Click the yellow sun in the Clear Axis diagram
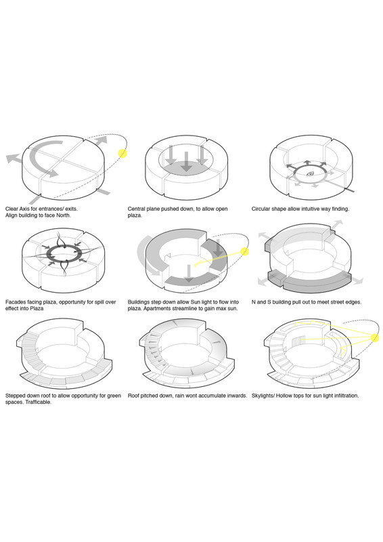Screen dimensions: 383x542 (122, 153)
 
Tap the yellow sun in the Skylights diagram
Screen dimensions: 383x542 (375, 337)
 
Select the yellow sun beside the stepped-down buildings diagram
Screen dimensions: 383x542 (244, 251)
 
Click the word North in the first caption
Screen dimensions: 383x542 (63, 215)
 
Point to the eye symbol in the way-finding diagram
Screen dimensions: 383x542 (310, 174)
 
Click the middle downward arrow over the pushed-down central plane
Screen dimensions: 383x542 (187, 161)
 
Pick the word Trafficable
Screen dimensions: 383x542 (39, 402)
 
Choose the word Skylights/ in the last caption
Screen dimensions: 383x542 (263, 396)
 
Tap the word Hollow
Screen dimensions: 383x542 (286, 396)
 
